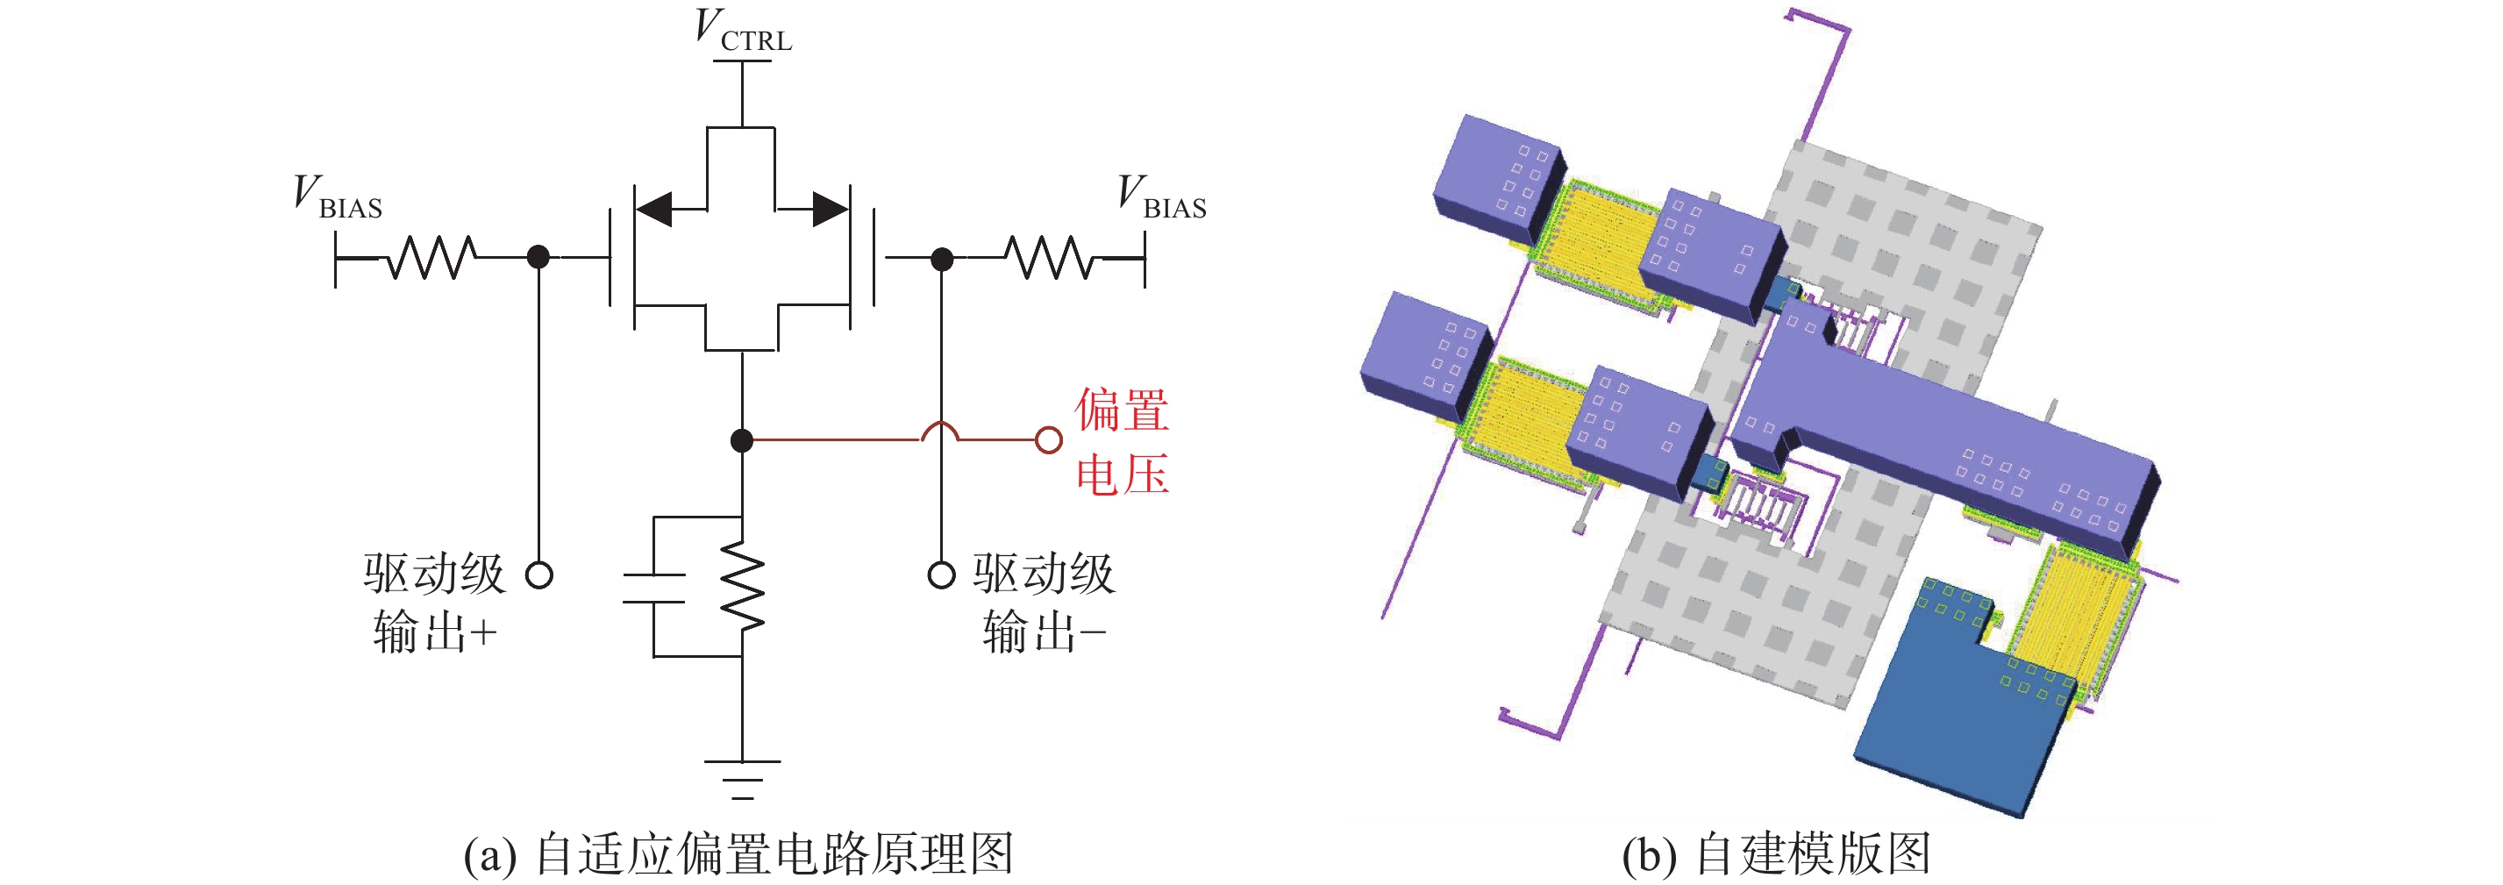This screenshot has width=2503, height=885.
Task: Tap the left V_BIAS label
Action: click(x=337, y=197)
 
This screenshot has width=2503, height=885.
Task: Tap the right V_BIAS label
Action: click(x=1161, y=197)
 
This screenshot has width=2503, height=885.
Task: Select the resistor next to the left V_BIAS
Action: click(x=432, y=258)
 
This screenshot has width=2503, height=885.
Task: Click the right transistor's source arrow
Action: click(x=830, y=208)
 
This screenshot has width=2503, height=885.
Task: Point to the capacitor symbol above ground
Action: click(x=653, y=589)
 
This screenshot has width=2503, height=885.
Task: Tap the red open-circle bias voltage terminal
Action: click(x=1048, y=440)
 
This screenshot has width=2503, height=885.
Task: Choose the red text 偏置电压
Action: click(x=1122, y=442)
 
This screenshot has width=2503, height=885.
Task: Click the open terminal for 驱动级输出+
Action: click(x=539, y=575)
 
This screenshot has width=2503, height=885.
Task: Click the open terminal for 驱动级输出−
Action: click(x=940, y=575)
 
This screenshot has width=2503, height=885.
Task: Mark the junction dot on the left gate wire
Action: click(x=538, y=258)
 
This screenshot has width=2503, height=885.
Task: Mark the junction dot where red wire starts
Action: click(x=741, y=440)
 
